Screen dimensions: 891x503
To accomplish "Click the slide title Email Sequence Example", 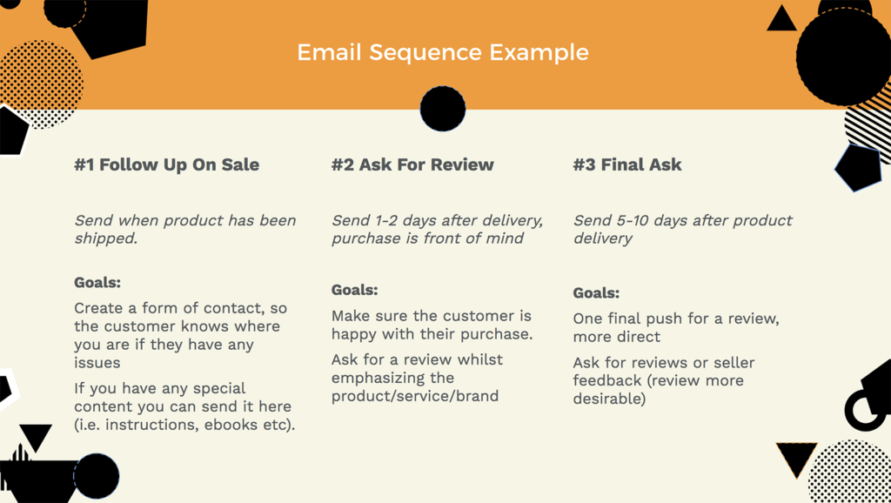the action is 443,52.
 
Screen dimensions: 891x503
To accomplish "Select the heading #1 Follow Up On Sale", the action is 166,164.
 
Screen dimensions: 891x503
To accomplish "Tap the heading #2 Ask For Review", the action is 412,164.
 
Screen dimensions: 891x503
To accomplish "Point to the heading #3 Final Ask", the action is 627,164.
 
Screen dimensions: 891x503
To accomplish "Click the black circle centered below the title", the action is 443,109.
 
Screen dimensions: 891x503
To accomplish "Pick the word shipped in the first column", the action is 105,238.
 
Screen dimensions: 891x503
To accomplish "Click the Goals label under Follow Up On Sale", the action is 97,283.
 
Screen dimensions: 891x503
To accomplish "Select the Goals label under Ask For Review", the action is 355,290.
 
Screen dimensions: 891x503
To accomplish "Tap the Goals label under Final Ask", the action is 596,293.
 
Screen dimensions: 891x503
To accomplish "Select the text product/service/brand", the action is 415,396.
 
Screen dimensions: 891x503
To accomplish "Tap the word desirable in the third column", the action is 606,399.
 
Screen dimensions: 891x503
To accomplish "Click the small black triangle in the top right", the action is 782,19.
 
